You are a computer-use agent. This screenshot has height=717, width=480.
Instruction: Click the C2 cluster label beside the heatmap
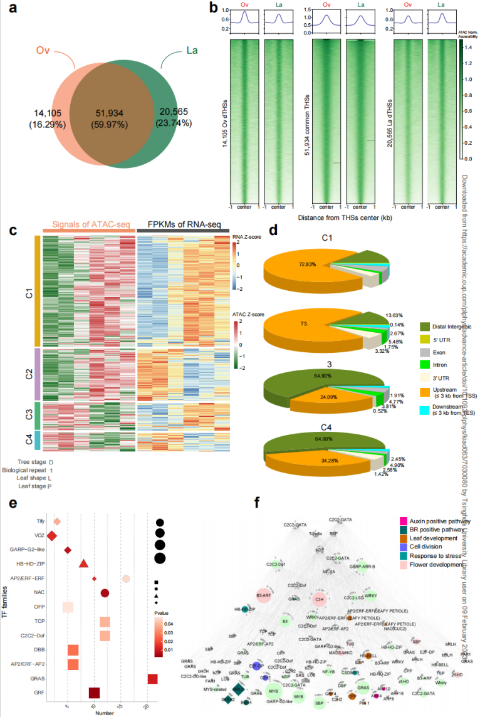click(x=29, y=374)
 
